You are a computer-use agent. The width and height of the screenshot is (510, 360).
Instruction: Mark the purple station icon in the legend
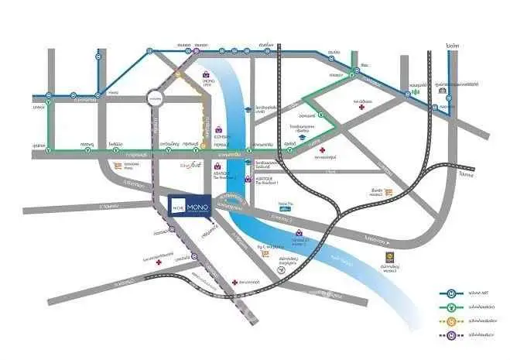451,335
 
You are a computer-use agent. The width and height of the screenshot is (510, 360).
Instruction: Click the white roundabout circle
154,98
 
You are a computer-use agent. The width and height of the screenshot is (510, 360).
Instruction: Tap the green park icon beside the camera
416,91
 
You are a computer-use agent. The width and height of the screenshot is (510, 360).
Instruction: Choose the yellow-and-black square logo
389,259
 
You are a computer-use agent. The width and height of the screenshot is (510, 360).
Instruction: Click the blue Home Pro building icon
285,210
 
